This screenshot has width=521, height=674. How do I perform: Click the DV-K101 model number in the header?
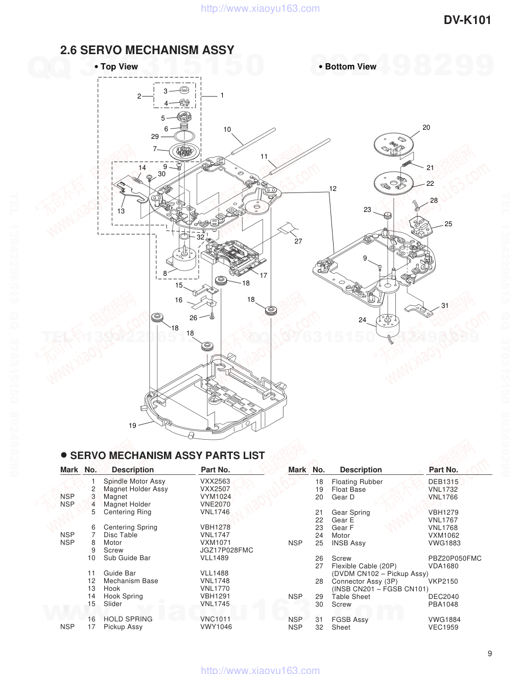click(x=467, y=20)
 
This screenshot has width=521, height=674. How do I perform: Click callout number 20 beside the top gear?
click(x=426, y=127)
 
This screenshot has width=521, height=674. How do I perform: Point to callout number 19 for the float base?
click(x=132, y=425)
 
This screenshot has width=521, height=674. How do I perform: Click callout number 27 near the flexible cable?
click(x=298, y=241)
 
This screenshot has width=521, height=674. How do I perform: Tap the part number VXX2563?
click(x=215, y=481)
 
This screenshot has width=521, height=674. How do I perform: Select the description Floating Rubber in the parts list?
click(x=357, y=482)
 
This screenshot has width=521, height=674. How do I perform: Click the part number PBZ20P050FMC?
click(x=455, y=558)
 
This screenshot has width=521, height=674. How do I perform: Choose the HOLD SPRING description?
click(x=128, y=619)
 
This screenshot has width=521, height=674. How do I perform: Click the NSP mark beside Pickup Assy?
click(x=67, y=627)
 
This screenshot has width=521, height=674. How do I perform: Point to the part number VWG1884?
click(x=444, y=619)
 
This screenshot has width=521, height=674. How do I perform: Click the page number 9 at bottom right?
click(x=490, y=654)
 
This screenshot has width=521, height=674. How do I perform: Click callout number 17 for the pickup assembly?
click(x=264, y=275)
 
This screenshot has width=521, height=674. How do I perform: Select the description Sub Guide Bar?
click(x=127, y=558)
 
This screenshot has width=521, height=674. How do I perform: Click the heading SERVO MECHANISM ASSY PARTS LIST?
click(x=167, y=455)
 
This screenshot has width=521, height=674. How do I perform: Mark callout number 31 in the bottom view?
click(x=445, y=305)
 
